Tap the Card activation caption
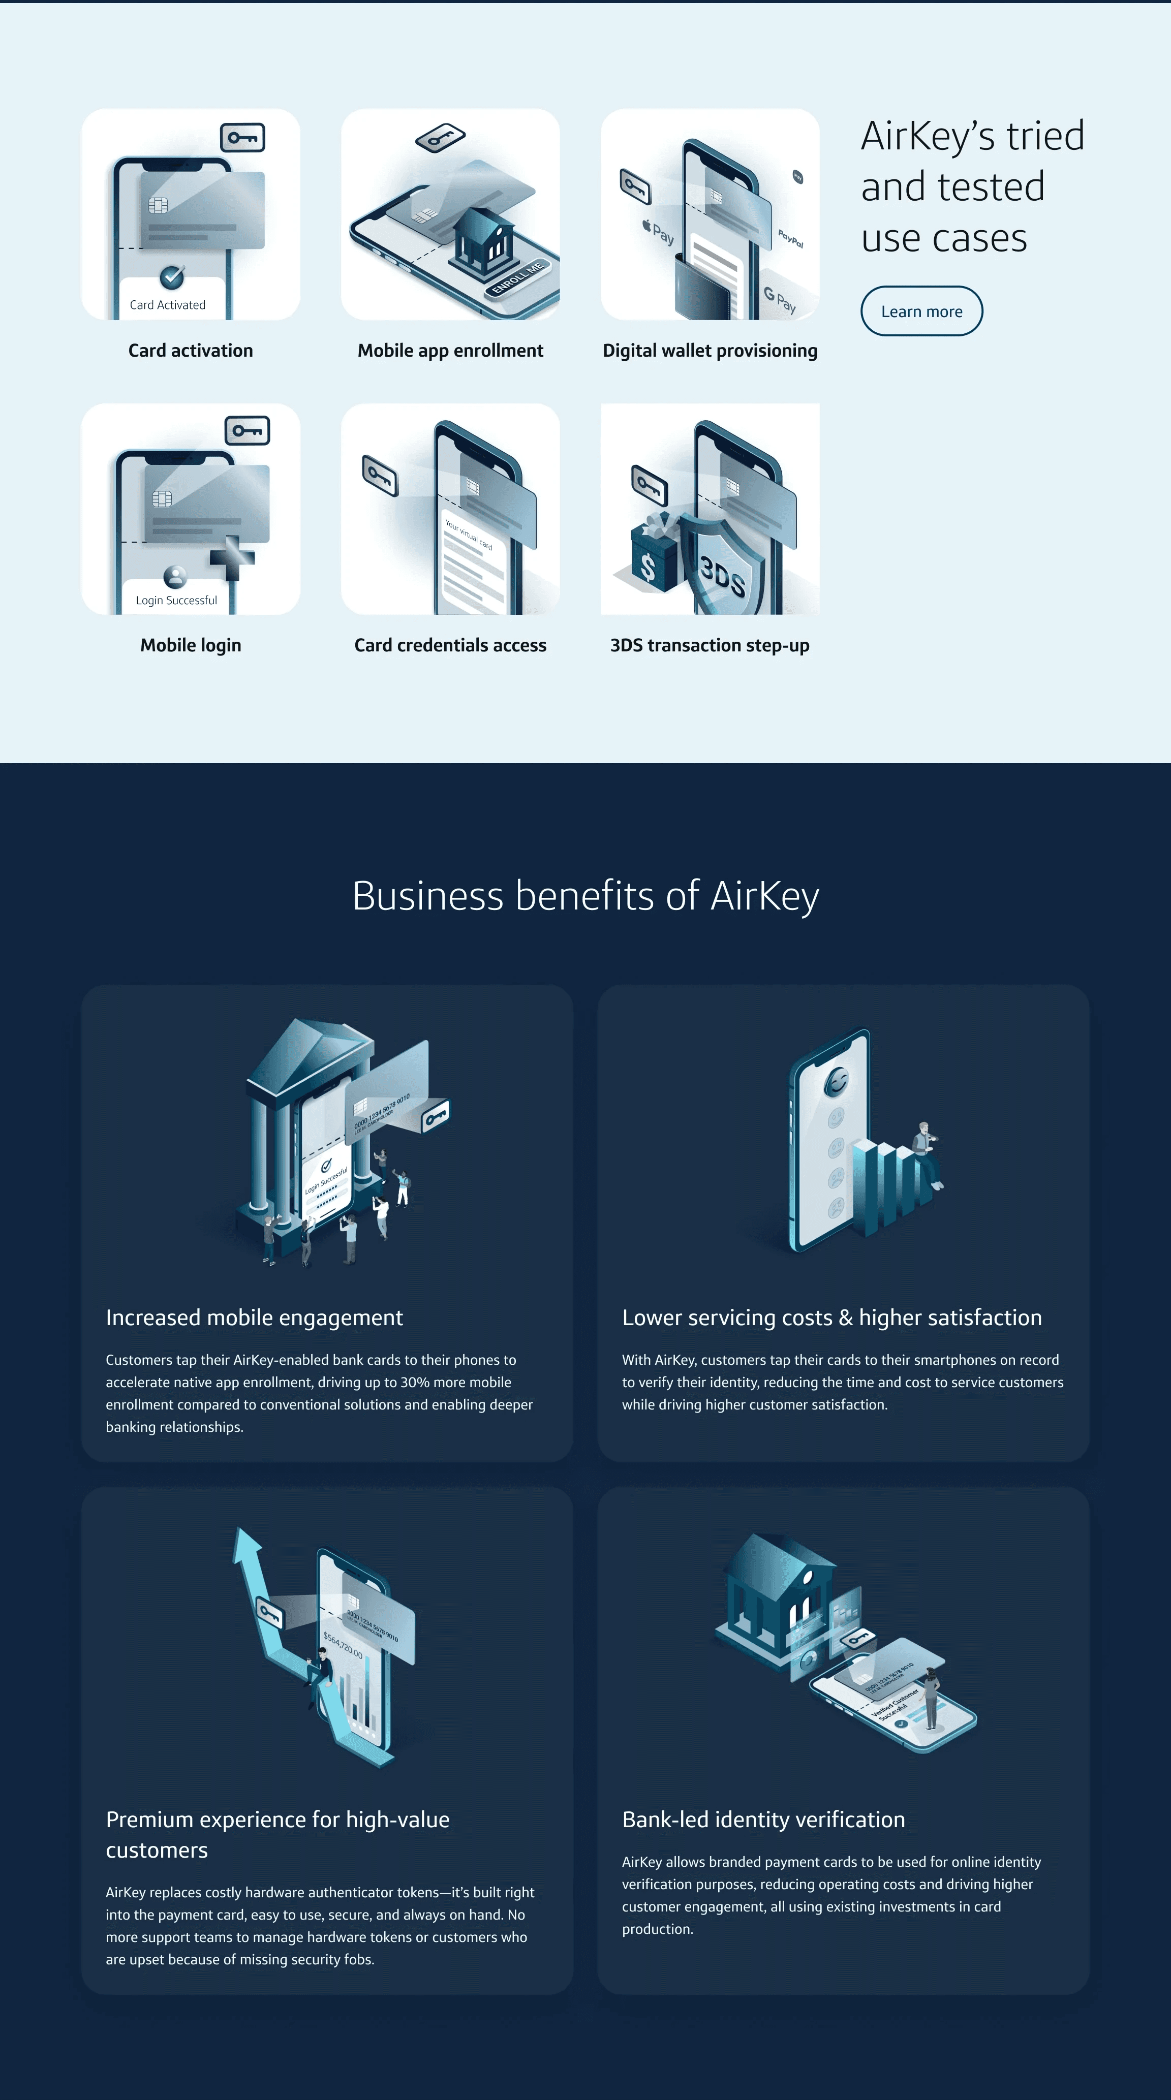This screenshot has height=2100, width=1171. tap(190, 351)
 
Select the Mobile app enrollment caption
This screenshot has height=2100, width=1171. tap(450, 351)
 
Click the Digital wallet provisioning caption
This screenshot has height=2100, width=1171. tap(710, 351)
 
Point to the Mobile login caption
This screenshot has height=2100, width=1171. tap(190, 645)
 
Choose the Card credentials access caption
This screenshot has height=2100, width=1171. tap(450, 645)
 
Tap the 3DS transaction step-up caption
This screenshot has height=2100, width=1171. tap(710, 645)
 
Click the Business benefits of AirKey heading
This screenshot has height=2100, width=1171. tap(585, 896)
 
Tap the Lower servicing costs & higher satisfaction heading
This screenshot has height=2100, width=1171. tap(832, 1318)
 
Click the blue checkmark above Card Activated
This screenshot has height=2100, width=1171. tap(171, 277)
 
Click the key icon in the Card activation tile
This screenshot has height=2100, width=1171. tap(243, 138)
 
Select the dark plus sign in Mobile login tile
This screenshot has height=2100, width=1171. tap(232, 557)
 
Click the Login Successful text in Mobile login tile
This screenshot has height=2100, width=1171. tap(176, 600)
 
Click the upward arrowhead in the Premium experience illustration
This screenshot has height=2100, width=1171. tap(246, 1543)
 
